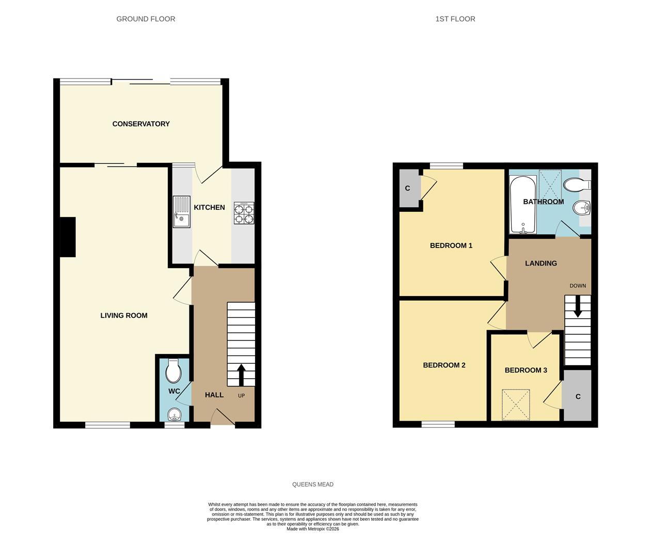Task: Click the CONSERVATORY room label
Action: point(141,124)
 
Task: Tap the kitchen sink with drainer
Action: point(182,211)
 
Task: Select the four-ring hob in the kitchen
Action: point(244,213)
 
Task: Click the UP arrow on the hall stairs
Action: point(241,375)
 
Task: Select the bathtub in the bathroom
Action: point(523,204)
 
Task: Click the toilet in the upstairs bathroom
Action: point(577,185)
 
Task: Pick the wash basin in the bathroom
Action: point(581,208)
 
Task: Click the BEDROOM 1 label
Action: point(451,245)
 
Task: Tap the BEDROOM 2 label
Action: point(444,365)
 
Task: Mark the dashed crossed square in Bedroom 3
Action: point(516,405)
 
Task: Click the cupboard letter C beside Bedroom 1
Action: point(407,188)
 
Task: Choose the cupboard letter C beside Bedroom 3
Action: point(578,397)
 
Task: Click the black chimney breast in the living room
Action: point(68,237)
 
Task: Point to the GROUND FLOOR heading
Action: point(146,19)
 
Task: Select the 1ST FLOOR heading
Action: point(455,19)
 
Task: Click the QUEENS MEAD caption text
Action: point(313,484)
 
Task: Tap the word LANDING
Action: point(541,263)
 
